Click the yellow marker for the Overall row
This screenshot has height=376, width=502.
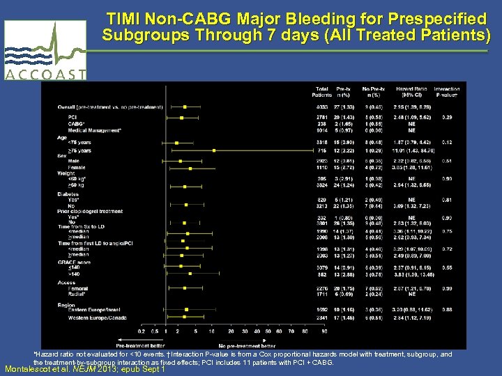tap(185, 107)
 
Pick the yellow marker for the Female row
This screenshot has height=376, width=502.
tap(190, 168)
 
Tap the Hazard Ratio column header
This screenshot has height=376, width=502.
tap(410, 91)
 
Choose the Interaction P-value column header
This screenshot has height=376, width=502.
tap(446, 91)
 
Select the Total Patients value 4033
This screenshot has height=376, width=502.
tap(321, 107)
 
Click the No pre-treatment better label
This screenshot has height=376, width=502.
tap(247, 345)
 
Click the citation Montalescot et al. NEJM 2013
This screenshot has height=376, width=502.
tap(84, 369)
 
